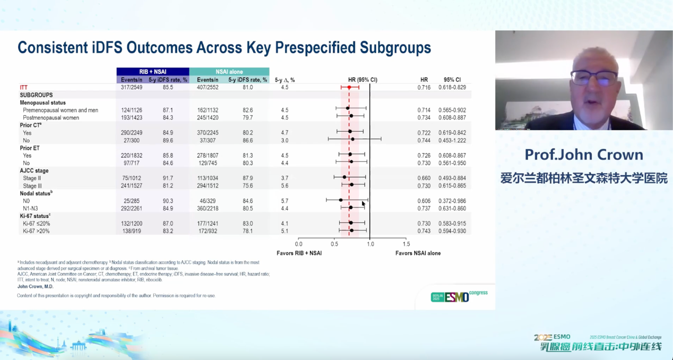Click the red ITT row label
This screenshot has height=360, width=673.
pos(24,87)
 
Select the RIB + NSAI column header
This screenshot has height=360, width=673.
pos(153,72)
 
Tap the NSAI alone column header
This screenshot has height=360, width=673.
pos(229,72)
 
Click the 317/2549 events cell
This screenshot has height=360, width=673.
pos(132,87)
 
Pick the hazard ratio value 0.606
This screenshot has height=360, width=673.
pos(424,201)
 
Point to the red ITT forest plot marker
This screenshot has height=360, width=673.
pos(349,87)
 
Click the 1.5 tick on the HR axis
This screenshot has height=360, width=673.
pos(406,244)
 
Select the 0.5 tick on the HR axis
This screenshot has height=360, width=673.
pos(334,244)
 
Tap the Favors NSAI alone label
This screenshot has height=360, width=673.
pos(418,253)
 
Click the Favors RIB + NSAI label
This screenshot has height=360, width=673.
pos(299,253)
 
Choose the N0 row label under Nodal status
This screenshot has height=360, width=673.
pos(27,201)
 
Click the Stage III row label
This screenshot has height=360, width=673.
pos(32,186)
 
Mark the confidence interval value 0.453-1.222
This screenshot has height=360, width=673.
pos(452,141)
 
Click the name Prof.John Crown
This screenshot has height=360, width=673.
pos(584,155)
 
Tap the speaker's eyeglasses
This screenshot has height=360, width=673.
pos(594,78)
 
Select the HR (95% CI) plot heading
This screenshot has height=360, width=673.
pos(363,80)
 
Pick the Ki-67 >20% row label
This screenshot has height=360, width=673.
pos(37,231)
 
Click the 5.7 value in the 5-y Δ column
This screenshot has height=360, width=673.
pos(285,201)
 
